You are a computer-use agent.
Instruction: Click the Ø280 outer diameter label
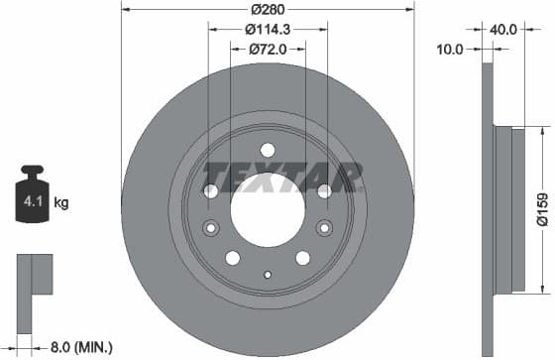[x=266, y=11]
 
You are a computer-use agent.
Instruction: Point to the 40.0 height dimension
[x=503, y=29]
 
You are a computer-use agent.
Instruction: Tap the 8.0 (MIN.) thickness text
[x=80, y=347]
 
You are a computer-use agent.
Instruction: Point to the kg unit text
[x=60, y=204]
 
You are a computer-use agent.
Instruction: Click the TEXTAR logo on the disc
[x=283, y=178]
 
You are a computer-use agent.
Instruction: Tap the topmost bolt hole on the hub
[x=267, y=150]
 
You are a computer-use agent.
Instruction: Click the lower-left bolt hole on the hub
[x=233, y=258]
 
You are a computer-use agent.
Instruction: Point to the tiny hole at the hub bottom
[x=267, y=275]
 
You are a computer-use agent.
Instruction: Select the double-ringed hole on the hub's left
[x=210, y=228]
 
